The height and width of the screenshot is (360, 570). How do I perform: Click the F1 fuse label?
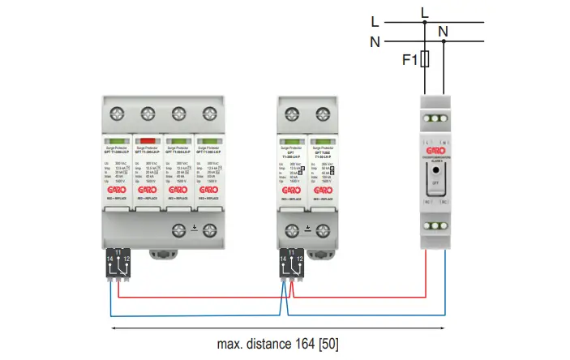pyautogui.click(x=410, y=59)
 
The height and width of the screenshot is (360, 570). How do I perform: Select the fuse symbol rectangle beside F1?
pyautogui.click(x=426, y=59)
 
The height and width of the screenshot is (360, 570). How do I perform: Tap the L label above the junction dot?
pyautogui.click(x=424, y=10)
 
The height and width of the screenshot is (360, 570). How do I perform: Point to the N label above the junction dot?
pyautogui.click(x=443, y=32)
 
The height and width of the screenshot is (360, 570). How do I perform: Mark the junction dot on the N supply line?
pyautogui.click(x=444, y=42)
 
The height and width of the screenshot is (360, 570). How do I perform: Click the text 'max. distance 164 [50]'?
pyautogui.click(x=279, y=343)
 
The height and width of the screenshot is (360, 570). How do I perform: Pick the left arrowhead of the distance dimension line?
pyautogui.click(x=114, y=328)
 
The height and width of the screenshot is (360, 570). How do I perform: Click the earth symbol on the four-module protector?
pyautogui.click(x=194, y=228)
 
